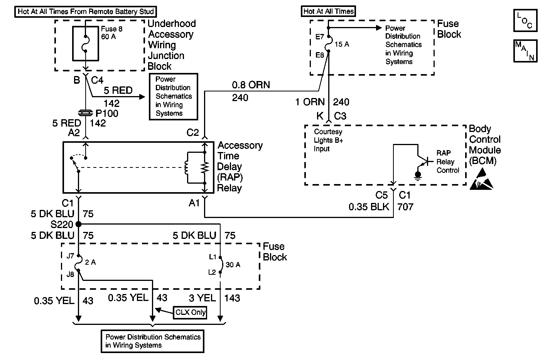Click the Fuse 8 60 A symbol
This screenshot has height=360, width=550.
point(86,43)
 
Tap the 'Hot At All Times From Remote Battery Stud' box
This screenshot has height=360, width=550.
point(86,12)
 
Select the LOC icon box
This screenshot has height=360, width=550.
point(525,21)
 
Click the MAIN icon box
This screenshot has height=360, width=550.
point(525,51)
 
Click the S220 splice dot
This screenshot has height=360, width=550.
point(79,224)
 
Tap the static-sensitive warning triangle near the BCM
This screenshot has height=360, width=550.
point(481,181)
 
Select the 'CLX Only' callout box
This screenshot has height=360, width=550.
point(191,312)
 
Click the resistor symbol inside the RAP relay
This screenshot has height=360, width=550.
point(205,167)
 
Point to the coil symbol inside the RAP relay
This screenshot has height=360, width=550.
point(187,167)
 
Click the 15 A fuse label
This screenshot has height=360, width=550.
point(342,44)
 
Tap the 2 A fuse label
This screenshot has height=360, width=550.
point(90,262)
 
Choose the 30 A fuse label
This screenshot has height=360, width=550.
point(233,265)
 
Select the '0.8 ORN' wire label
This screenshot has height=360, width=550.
point(251,85)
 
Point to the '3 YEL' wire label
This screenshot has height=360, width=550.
point(202,298)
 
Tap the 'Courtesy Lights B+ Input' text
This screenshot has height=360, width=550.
point(328,140)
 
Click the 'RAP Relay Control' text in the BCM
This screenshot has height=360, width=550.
point(447,162)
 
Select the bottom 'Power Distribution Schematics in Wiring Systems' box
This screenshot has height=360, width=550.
point(152,341)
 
